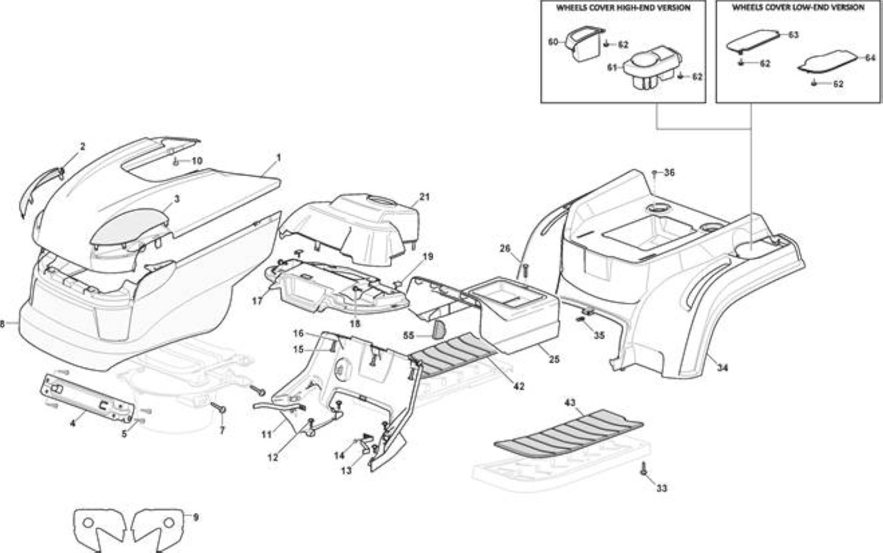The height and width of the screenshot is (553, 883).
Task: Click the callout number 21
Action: (x=425, y=197)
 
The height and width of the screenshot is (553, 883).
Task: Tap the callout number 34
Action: (x=722, y=368)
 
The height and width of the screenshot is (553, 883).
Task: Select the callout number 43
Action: (x=570, y=403)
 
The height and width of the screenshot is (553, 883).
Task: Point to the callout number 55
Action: (x=409, y=336)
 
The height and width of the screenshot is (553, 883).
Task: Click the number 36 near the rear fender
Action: (x=669, y=173)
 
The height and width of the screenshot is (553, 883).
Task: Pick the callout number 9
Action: (x=196, y=517)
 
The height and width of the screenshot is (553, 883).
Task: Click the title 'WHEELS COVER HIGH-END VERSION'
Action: (x=623, y=8)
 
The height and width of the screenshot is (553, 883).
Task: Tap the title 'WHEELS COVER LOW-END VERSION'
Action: (x=798, y=8)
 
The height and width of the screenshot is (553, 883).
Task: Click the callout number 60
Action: (x=553, y=41)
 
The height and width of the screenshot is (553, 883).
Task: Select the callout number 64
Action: (x=871, y=58)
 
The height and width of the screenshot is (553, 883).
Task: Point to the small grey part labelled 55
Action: (x=438, y=330)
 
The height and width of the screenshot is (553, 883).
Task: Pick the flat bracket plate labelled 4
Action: (x=87, y=396)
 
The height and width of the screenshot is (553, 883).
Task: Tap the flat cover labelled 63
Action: (x=753, y=41)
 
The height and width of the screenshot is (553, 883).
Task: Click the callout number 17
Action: (x=257, y=301)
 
